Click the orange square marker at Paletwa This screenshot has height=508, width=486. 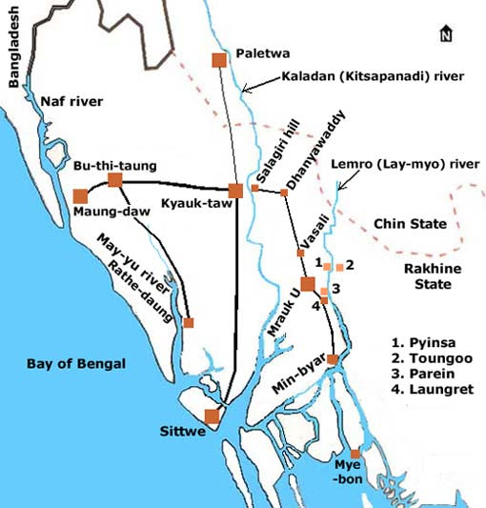coord(218,60)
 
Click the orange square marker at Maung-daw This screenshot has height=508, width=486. coord(80,196)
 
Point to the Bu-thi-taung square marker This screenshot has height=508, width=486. coord(114,179)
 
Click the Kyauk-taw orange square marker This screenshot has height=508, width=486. coord(235,191)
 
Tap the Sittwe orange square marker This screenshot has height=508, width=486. coord(212,416)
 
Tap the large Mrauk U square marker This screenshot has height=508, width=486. coord(307,283)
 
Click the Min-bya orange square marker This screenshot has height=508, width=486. coord(333,359)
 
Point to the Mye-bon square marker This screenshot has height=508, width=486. coord(354,454)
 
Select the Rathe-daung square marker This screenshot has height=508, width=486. coord(188,323)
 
